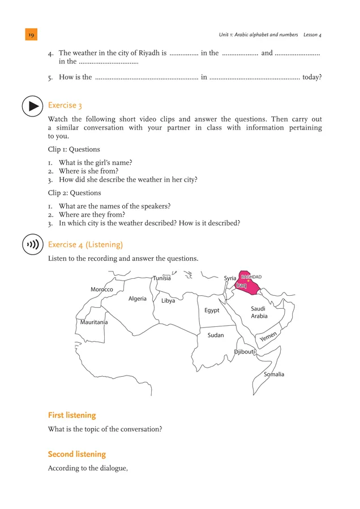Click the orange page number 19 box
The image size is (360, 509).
31,34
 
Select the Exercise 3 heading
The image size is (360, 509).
65,105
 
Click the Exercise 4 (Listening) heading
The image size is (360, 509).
85,244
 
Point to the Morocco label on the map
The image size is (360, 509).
102,290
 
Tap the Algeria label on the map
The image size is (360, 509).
138,299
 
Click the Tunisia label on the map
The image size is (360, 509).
162,278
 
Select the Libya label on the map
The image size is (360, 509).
168,301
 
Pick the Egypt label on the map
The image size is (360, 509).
212,310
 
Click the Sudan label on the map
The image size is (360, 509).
216,335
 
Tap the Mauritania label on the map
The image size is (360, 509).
94,322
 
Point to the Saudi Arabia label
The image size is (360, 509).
259,313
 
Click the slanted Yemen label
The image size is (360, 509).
268,338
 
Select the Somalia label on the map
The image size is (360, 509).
274,374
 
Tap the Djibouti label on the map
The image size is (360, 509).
245,352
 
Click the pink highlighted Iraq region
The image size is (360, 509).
249,286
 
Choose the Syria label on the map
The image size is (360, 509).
230,278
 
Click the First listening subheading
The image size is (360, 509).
72,416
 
